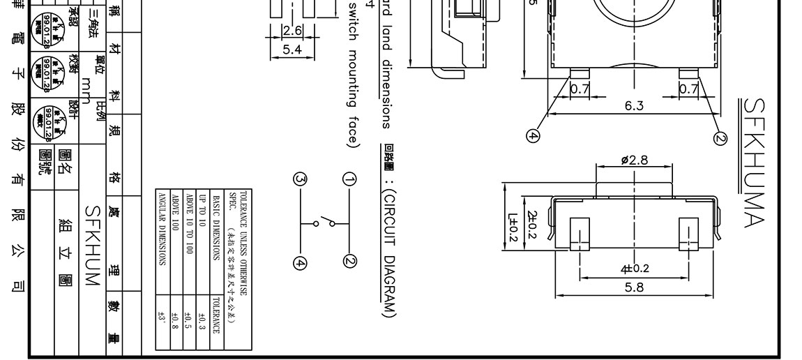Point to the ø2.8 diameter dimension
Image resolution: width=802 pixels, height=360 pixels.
pyautogui.click(x=634, y=160)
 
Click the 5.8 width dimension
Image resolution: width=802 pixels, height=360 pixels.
pyautogui.click(x=634, y=287)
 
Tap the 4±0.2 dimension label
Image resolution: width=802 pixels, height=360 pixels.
pyautogui.click(x=634, y=269)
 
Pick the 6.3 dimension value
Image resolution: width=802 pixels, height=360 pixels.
pyautogui.click(x=634, y=105)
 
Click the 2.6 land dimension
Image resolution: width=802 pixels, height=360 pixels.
pyautogui.click(x=292, y=30)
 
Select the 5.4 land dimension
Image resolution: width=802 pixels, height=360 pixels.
pyautogui.click(x=292, y=49)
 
